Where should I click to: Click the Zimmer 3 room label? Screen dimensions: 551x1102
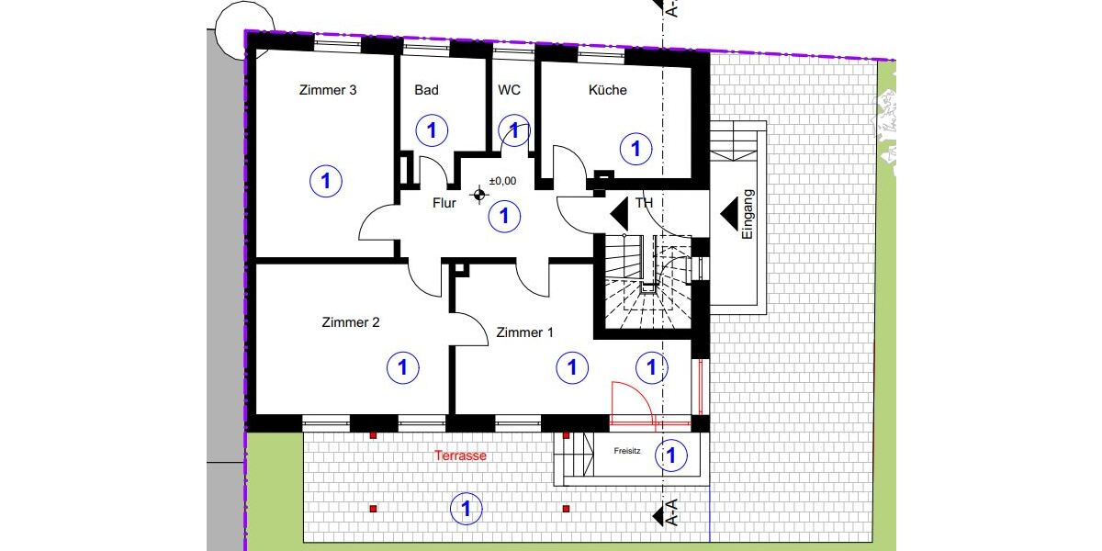pyautogui.click(x=328, y=90)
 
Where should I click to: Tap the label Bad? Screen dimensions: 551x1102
pyautogui.click(x=426, y=90)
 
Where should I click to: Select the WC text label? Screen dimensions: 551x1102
pyautogui.click(x=509, y=90)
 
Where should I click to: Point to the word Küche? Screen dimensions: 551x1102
pyautogui.click(x=608, y=90)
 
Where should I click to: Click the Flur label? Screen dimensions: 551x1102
pyautogui.click(x=444, y=203)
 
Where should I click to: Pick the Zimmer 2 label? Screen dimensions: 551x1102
pyautogui.click(x=351, y=322)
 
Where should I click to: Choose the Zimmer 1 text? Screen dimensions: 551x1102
pyautogui.click(x=524, y=332)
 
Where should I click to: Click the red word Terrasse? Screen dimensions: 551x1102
pyautogui.click(x=460, y=455)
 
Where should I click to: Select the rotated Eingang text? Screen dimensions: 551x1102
pyautogui.click(x=747, y=215)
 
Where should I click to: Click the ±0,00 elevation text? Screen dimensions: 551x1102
pyautogui.click(x=503, y=181)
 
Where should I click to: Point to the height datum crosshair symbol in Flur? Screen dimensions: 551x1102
pyautogui.click(x=478, y=195)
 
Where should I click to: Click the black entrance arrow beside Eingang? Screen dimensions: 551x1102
pyautogui.click(x=729, y=214)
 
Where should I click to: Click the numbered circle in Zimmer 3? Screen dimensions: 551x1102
pyautogui.click(x=325, y=181)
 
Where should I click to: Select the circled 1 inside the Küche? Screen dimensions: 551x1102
pyautogui.click(x=635, y=148)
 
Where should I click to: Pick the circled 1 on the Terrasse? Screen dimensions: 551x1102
pyautogui.click(x=466, y=507)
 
